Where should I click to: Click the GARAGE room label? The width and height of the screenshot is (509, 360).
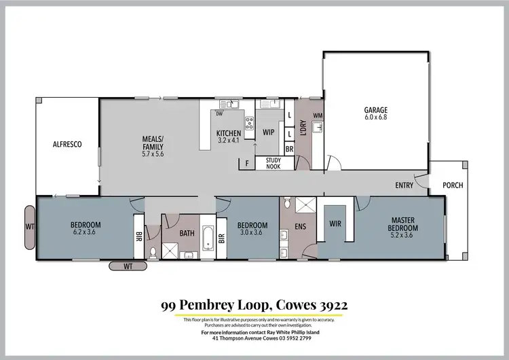click(375, 109)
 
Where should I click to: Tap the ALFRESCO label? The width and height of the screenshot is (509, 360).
click(67, 144)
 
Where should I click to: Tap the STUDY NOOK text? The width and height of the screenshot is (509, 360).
click(274, 163)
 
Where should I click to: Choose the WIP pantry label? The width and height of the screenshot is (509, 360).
click(268, 133)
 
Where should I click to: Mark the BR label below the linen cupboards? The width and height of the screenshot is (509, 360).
click(289, 148)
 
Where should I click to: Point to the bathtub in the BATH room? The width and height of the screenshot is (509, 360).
click(207, 238)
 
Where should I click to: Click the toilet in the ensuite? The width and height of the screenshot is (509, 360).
click(288, 202)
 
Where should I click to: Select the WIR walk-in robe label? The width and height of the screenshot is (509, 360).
click(335, 223)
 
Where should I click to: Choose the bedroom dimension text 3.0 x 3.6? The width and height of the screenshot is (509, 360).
click(249, 232)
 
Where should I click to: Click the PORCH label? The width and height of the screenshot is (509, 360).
click(452, 185)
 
